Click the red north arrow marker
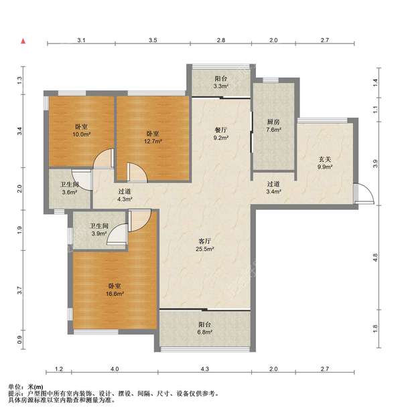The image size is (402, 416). pyautogui.click(x=23, y=41)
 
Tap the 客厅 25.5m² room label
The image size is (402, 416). pyautogui.click(x=205, y=245)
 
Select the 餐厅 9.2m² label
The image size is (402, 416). pyautogui.click(x=221, y=134)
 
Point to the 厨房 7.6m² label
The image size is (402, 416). pyautogui.click(x=273, y=126)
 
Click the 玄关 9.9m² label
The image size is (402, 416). pyautogui.click(x=325, y=163)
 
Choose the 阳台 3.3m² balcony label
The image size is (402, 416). pyautogui.click(x=221, y=82)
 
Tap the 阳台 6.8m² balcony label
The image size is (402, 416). pyautogui.click(x=205, y=328)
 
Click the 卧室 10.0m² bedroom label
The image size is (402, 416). pyautogui.click(x=82, y=130)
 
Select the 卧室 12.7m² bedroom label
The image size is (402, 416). pyautogui.click(x=153, y=137)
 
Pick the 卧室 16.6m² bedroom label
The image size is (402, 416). pyautogui.click(x=115, y=290)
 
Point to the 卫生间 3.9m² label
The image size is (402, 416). pyautogui.click(x=99, y=229)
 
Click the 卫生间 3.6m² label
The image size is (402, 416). pyautogui.click(x=70, y=188)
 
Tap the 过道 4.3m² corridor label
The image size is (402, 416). pyautogui.click(x=125, y=195)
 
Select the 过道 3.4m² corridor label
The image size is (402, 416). pyautogui.click(x=273, y=187)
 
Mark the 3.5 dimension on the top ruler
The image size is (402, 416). pyautogui.click(x=153, y=40)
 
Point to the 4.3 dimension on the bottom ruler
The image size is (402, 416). pyautogui.click(x=205, y=369)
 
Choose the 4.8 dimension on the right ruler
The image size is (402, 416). pyautogui.click(x=375, y=257)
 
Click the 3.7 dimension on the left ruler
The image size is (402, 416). pyautogui.click(x=19, y=290)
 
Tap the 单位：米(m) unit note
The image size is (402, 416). pyautogui.click(x=25, y=387)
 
